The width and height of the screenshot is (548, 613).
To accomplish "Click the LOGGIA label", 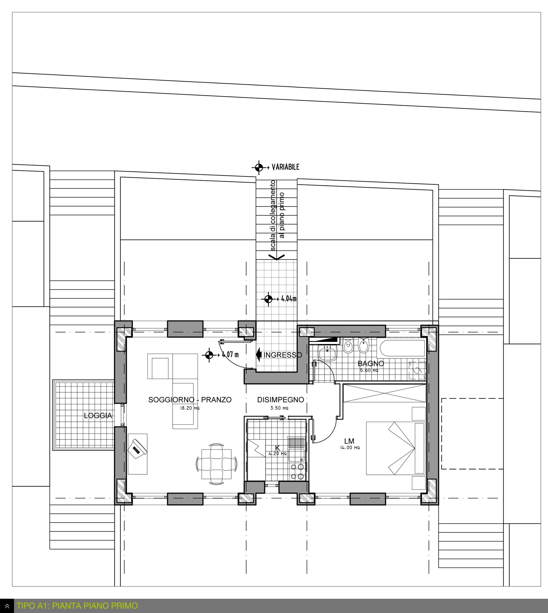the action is tap(98, 416).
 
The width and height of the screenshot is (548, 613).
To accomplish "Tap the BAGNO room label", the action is tap(371, 363).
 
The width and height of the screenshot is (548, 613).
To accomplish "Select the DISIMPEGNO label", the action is tap(280, 400).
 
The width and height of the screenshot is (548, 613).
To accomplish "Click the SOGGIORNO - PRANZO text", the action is tap(190, 400).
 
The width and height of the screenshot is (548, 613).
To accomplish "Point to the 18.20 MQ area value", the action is tap(190, 408).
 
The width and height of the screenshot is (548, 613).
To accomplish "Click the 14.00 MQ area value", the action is tap(350, 448).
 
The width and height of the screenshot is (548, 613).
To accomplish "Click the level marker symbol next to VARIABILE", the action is tap(259, 167).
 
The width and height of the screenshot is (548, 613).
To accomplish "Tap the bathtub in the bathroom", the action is tap(402, 348).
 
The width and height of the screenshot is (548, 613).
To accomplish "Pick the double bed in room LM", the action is tap(396, 448).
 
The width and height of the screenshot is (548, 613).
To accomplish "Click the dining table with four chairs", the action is tap(217, 464).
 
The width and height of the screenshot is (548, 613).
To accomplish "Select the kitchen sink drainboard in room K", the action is tap(297, 443).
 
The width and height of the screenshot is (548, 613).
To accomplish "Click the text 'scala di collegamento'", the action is tap(273, 215).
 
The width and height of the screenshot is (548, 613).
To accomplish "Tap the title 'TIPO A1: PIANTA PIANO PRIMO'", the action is tap(77, 606).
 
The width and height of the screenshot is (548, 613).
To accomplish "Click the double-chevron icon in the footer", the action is tap(7, 606).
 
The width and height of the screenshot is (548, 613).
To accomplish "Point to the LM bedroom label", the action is tap(349, 441).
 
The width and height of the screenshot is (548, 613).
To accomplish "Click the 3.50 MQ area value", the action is tap(279, 408).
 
